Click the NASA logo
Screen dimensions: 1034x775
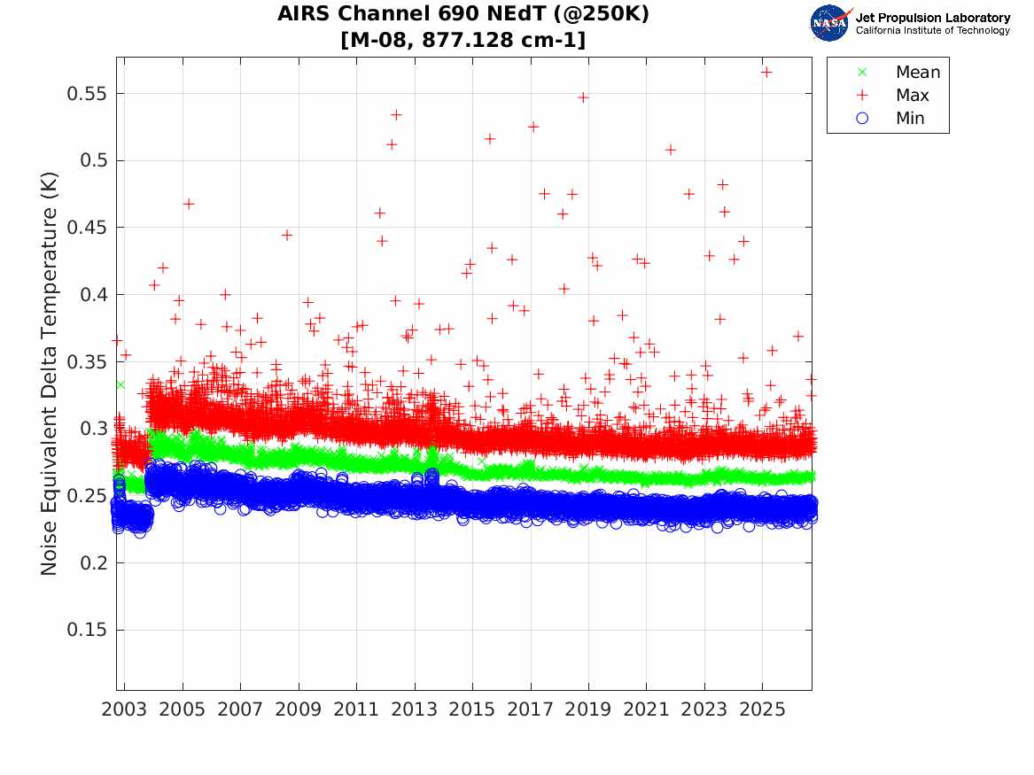pos(831,23)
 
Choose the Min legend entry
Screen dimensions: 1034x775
pos(890,118)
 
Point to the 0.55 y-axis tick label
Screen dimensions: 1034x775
pos(86,94)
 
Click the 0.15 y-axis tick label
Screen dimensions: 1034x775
pos(86,630)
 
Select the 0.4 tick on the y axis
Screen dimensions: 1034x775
pos(94,295)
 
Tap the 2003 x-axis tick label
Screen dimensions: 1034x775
pos(124,709)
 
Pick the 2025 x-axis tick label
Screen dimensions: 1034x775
pos(762,709)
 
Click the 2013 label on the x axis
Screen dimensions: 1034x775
pos(414,709)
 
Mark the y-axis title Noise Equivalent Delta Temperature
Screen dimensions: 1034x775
pos(50,373)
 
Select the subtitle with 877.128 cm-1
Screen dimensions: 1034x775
pos(463,40)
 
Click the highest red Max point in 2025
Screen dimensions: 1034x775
pos(766,72)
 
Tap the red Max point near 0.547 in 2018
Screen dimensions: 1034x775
pos(583,97)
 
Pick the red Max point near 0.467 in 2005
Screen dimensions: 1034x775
pos(189,204)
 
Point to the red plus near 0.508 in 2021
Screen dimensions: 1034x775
pos(671,151)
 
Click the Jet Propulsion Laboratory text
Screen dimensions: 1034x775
pos(933,18)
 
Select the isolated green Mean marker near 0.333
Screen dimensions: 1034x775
pos(121,384)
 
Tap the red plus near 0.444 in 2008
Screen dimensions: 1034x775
pos(287,236)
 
